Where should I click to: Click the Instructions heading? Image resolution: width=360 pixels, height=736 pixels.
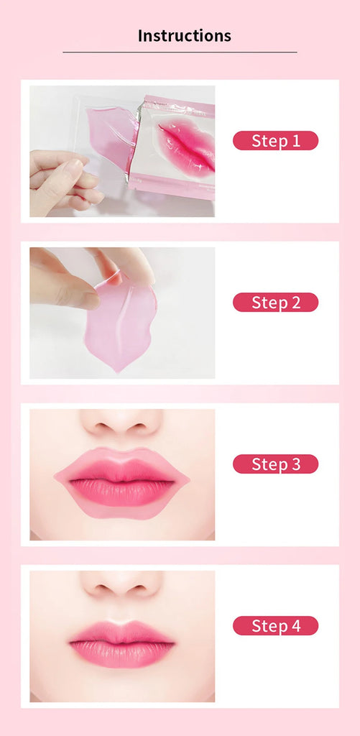[x=184, y=36]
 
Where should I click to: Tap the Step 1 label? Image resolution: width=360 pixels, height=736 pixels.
[x=275, y=141]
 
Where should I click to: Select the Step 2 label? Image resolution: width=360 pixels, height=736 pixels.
[x=275, y=303]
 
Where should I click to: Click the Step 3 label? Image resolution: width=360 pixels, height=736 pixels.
[x=275, y=464]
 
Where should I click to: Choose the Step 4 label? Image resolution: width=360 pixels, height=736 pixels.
[x=275, y=626]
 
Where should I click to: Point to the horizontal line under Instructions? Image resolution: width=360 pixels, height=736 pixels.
[x=180, y=52]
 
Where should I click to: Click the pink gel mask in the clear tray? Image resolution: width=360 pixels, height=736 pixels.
[x=111, y=134]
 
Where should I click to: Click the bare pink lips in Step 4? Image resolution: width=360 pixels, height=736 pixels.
[x=121, y=643]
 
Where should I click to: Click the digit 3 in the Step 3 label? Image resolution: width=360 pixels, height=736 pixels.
[x=295, y=464]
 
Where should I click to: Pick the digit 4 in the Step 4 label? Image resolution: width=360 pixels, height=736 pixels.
[x=295, y=626]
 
